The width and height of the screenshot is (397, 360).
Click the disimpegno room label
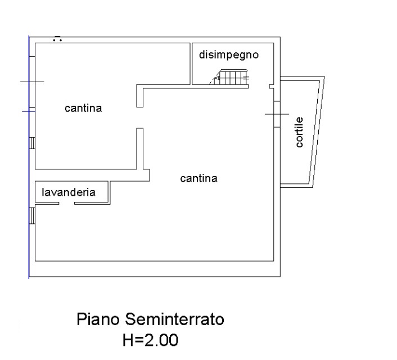(x=228, y=55)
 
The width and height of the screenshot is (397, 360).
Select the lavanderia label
(x=69, y=192)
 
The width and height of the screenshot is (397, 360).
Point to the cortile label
(x=299, y=133)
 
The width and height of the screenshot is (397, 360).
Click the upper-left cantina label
(x=83, y=108)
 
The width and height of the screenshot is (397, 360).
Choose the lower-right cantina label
(x=198, y=178)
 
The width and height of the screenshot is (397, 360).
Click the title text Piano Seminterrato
(x=150, y=320)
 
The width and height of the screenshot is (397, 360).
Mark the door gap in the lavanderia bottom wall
(x=66, y=203)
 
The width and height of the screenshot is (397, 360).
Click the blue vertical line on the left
(x=29, y=225)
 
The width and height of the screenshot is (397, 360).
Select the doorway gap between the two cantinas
(x=139, y=117)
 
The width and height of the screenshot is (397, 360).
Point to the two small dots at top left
(x=57, y=39)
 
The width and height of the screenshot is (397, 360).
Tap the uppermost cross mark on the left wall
(x=32, y=82)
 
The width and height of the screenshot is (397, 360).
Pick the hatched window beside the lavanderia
(x=32, y=214)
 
